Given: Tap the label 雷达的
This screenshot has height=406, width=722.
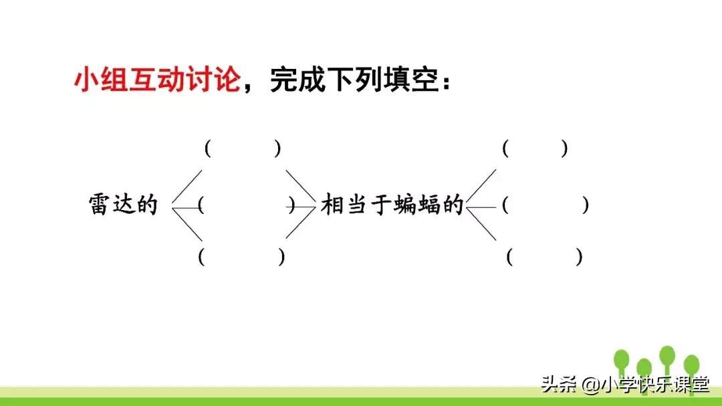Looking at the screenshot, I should click(x=122, y=204).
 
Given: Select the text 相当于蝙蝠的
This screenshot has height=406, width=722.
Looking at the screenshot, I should click(x=392, y=204).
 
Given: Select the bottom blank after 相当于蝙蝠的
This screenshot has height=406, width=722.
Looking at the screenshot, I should click(x=545, y=257).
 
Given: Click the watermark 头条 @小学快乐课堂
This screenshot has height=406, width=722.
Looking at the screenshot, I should click(x=624, y=384).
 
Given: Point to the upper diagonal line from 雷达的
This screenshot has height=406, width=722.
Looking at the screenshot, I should click(x=187, y=187).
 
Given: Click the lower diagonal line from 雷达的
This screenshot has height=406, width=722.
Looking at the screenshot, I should click(x=188, y=225).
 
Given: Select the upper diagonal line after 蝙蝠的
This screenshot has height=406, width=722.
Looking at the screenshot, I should click(x=482, y=187).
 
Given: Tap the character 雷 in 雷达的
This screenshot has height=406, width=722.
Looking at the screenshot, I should click(x=99, y=204).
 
